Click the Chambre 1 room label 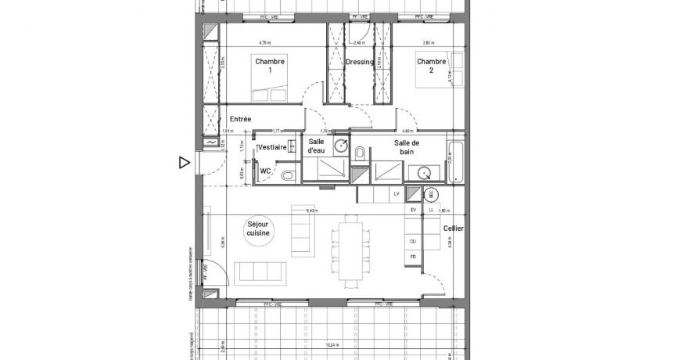pos(270,66)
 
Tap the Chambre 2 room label pos(431,66)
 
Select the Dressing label pos(360,62)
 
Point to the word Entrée pos(240,119)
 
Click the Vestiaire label pos(271,147)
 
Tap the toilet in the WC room pos(288,175)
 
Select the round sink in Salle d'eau pos(341,145)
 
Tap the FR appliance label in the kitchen pos(412,257)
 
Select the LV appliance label pos(397,193)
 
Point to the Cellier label pos(453,229)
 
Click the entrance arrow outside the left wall pos(184,163)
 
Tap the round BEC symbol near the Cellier pos(429,193)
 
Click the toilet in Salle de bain pos(359,153)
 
